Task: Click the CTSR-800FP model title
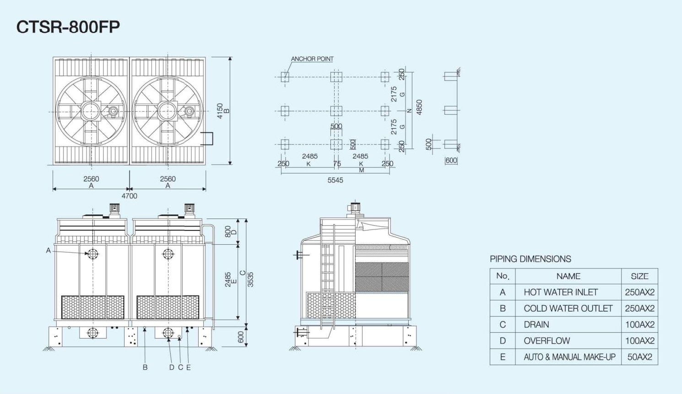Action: [68, 27]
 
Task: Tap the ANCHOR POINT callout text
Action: [312, 59]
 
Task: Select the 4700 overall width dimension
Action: [130, 196]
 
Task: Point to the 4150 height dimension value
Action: [220, 111]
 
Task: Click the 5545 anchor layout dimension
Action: [335, 180]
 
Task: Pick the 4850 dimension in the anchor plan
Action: [419, 107]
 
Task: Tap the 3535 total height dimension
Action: [250, 279]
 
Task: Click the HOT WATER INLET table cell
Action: [561, 292]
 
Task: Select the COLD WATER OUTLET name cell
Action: [568, 308]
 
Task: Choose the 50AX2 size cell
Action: [640, 357]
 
